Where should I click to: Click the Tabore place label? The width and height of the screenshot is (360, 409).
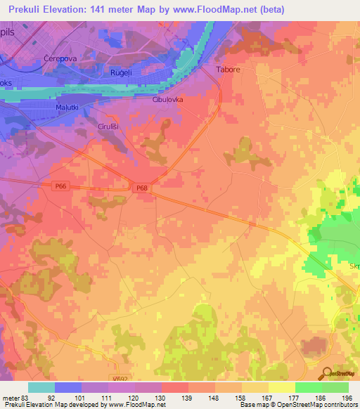[227, 70]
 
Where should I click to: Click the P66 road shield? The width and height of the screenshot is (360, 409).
[60, 186]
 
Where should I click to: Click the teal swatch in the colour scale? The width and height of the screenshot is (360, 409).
[41, 387]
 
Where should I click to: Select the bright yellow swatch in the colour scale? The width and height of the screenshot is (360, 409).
[282, 387]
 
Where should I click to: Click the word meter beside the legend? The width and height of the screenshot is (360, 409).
[10, 397]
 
